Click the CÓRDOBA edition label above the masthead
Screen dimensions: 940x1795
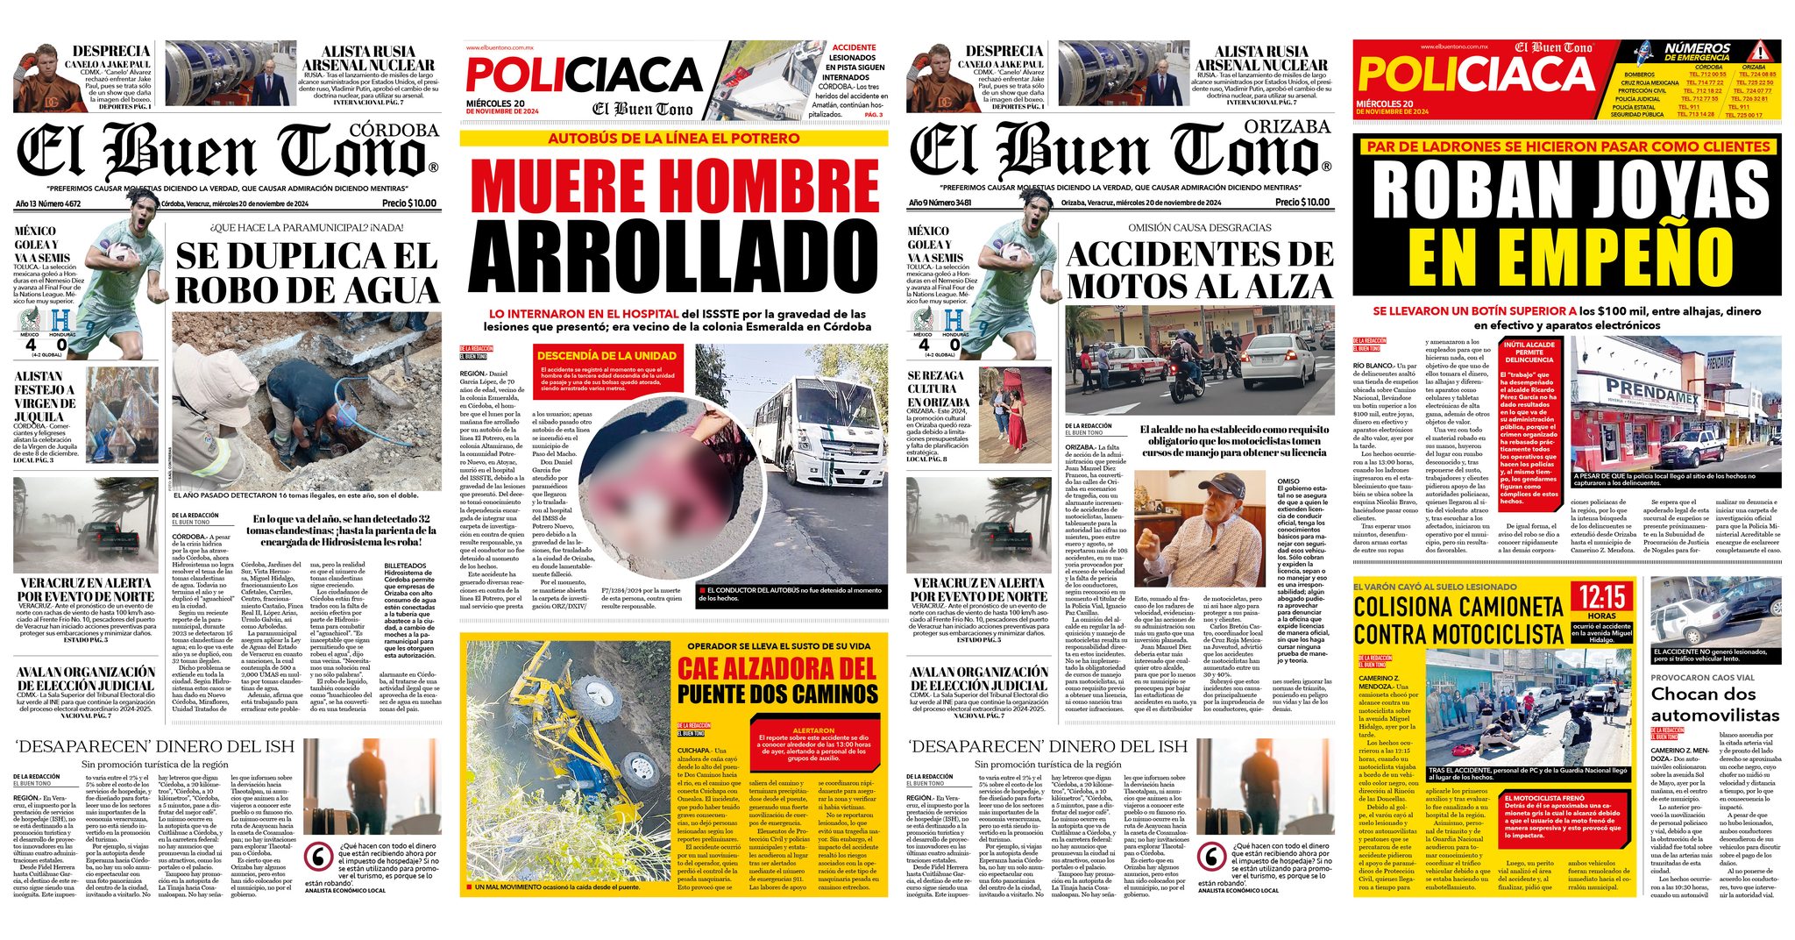[394, 131]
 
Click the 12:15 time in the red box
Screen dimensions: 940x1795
[1602, 598]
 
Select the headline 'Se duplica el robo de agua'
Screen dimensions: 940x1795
[307, 273]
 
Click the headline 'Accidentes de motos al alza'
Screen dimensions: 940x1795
[1200, 270]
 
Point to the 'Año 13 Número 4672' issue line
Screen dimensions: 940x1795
[61, 203]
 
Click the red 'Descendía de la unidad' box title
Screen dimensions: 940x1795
[607, 355]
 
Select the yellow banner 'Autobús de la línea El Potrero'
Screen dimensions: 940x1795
[674, 139]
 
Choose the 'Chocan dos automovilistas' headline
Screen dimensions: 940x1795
[1714, 704]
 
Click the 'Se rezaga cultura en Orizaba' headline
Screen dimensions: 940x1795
[937, 388]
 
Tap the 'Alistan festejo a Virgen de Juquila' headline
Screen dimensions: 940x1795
[46, 396]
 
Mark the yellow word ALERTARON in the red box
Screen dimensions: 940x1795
[812, 730]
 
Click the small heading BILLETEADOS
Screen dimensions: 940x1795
[408, 566]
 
